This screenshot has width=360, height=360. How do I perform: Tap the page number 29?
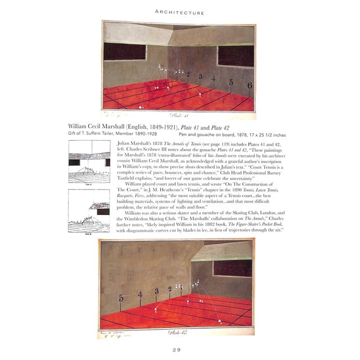click(x=180, y=350)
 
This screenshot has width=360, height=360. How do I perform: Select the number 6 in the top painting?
click(x=249, y=85)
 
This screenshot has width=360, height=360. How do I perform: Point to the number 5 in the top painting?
click(x=231, y=82)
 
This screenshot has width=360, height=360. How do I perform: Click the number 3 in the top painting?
click(x=200, y=76)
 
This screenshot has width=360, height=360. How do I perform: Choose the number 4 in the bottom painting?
click(x=141, y=294)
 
